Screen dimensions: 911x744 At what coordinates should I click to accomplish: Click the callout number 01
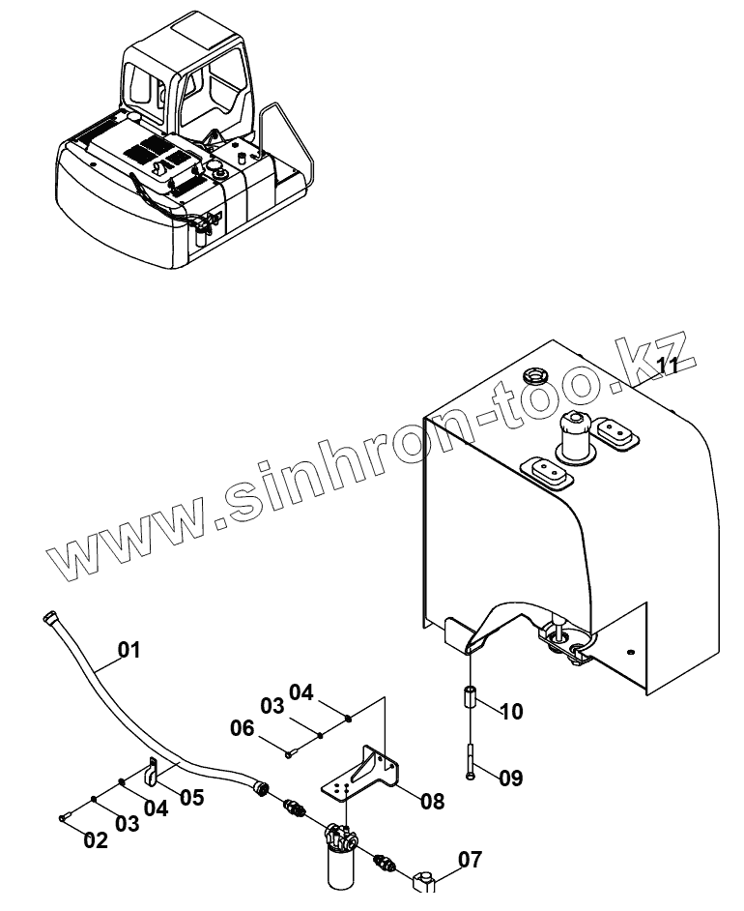click(129, 650)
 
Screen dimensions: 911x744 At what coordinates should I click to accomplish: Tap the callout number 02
click(96, 840)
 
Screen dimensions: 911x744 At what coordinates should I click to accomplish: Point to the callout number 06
click(243, 727)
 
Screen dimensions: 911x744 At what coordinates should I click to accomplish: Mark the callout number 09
click(511, 776)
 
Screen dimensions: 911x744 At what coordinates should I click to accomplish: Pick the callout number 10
click(511, 712)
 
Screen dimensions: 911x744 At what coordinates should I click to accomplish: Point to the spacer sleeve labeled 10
click(471, 697)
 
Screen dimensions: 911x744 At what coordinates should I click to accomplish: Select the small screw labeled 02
click(64, 818)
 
